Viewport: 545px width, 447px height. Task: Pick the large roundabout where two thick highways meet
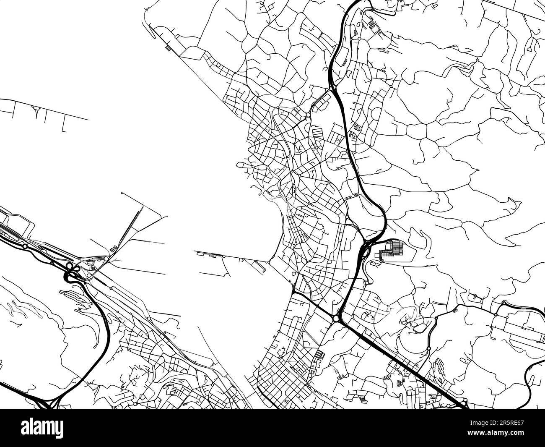(336, 319)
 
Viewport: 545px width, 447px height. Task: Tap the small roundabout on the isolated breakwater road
(39, 109)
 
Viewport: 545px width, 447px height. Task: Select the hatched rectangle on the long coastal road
(168, 47)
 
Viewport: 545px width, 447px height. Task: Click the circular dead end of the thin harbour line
(122, 193)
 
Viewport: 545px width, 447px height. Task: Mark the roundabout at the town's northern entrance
(308, 114)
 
